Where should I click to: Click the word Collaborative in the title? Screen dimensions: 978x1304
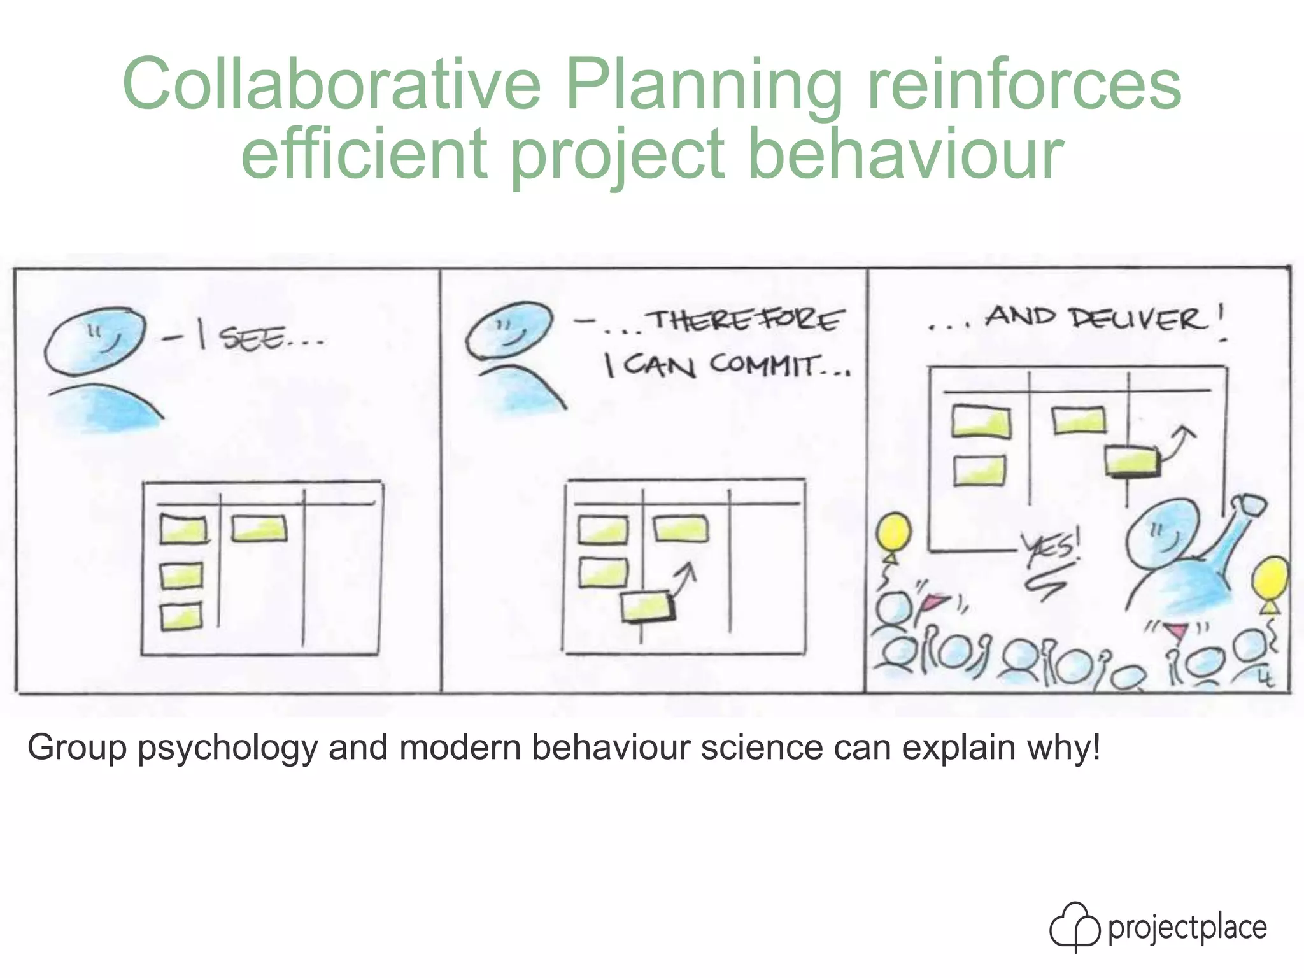331,84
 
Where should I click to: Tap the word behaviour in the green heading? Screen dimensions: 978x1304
905,153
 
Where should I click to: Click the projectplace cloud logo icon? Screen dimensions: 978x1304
1075,926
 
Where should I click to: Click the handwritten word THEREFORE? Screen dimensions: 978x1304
745,320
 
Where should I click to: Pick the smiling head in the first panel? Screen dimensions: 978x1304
94,341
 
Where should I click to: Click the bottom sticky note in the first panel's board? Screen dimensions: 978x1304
181,616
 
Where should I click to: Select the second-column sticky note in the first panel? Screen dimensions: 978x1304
259,528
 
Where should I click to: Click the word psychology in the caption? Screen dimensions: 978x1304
227,748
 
